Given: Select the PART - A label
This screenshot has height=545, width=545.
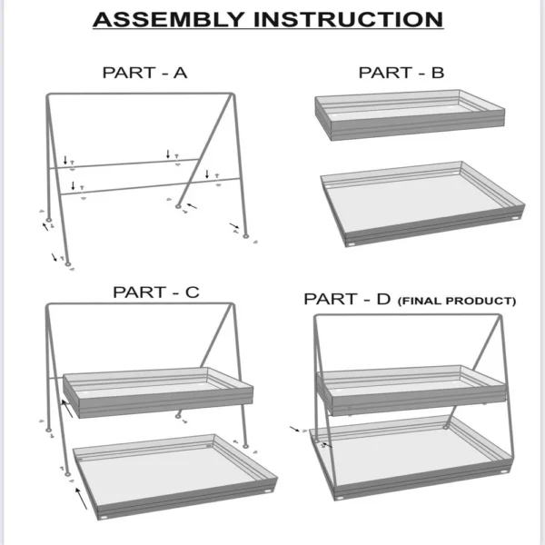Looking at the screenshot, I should (x=144, y=74).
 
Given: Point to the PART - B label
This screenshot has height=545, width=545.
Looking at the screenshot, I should (x=401, y=74).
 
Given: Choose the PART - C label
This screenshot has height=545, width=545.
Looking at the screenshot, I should (x=155, y=292).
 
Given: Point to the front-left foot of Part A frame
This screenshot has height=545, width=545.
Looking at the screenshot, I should (x=67, y=264).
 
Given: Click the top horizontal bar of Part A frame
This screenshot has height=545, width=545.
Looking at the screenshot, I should (x=136, y=94).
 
